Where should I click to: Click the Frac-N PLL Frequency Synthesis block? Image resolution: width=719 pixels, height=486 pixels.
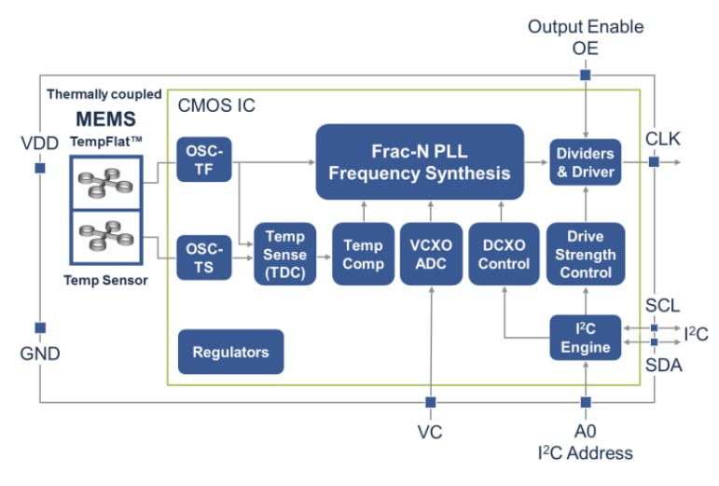pyautogui.click(x=419, y=161)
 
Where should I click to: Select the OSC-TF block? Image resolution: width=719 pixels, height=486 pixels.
pyautogui.click(x=203, y=160)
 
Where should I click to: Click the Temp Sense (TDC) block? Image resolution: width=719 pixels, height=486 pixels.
pyautogui.click(x=284, y=254)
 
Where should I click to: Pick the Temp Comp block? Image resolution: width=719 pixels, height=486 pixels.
pyautogui.click(x=363, y=254)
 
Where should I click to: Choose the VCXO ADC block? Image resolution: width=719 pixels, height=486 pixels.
pyautogui.click(x=430, y=254)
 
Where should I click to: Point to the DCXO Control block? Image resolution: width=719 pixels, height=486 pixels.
pyautogui.click(x=504, y=254)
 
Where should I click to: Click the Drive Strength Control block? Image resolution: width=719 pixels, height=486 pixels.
pyautogui.click(x=586, y=254)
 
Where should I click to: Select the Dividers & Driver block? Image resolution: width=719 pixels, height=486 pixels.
pyautogui.click(x=586, y=161)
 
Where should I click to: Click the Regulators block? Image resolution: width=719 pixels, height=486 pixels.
pyautogui.click(x=230, y=352)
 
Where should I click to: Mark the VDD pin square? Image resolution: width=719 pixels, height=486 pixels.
pyautogui.click(x=40, y=169)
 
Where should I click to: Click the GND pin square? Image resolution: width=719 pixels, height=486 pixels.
pyautogui.click(x=40, y=327)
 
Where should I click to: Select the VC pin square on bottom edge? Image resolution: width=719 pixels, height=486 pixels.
pyautogui.click(x=430, y=402)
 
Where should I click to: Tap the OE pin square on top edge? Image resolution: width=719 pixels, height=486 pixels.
pyautogui.click(x=586, y=74)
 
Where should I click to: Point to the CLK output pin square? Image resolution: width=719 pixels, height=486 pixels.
pyautogui.click(x=654, y=161)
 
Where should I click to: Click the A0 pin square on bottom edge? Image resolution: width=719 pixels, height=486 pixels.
pyautogui.click(x=586, y=402)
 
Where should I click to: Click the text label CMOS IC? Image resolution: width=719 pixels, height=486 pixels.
pyautogui.click(x=216, y=105)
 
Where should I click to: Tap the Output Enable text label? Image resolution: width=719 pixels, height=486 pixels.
pyautogui.click(x=586, y=26)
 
